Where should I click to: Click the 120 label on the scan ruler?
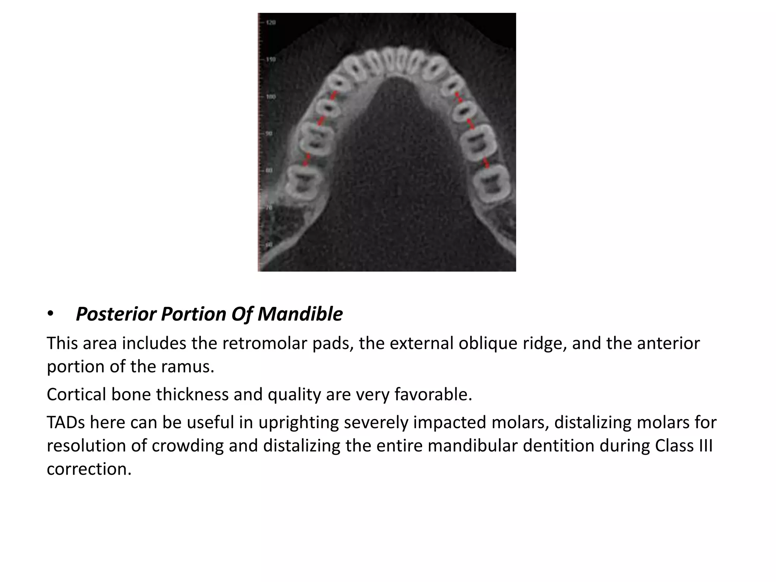pyautogui.click(x=271, y=23)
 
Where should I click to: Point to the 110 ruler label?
pyautogui.click(x=271, y=59)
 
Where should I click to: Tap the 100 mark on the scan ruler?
pyautogui.click(x=271, y=97)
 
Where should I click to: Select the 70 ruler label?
pyautogui.click(x=269, y=208)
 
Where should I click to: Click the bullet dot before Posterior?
pyautogui.click(x=51, y=314)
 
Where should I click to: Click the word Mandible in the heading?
pyautogui.click(x=300, y=314)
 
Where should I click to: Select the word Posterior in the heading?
pyautogui.click(x=116, y=314)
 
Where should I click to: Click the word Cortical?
pyautogui.click(x=76, y=394)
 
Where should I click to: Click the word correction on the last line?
pyautogui.click(x=89, y=469)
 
